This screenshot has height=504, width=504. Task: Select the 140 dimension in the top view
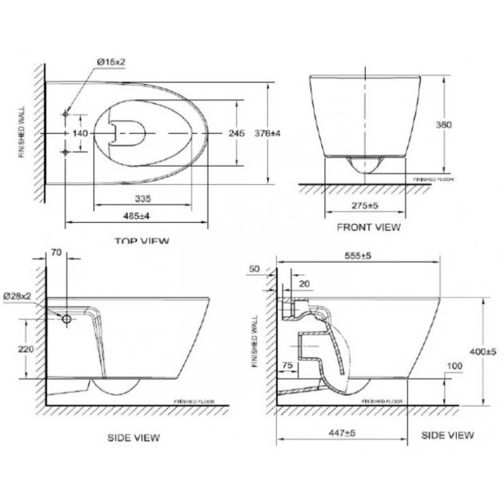click(80, 133)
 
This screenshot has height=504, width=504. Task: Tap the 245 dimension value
click(236, 133)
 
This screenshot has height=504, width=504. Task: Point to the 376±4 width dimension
click(268, 133)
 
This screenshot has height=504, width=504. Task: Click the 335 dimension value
click(143, 199)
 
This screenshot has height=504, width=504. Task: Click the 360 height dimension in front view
click(443, 125)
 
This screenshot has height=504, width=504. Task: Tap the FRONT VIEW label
click(369, 227)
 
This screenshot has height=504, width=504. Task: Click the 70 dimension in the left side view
click(57, 252)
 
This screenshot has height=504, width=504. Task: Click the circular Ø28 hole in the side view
click(67, 319)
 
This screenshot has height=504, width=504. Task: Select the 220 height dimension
click(26, 349)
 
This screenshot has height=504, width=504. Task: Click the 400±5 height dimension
click(483, 352)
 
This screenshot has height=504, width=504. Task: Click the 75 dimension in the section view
click(287, 365)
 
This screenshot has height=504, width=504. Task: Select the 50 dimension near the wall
click(254, 269)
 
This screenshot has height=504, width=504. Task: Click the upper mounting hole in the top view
click(66, 114)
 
